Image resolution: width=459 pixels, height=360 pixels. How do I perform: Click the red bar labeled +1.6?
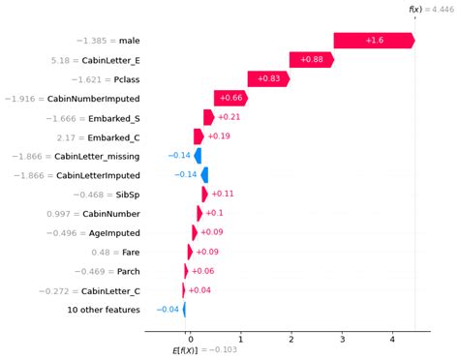pos(374,41)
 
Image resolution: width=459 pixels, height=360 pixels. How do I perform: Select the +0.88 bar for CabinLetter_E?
pos(311,60)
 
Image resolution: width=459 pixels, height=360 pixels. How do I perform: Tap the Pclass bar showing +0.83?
pos(268,79)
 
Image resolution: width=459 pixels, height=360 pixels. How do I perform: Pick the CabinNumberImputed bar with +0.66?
pos(230,99)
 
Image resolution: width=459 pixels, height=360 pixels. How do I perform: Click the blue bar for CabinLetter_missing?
pos(198,156)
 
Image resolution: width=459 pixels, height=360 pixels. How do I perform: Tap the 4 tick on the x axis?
pos(392,339)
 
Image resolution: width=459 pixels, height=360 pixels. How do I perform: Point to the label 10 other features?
pos(103,310)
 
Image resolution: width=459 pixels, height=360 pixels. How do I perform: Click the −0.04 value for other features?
pos(168,310)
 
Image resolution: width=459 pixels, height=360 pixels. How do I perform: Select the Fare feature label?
pos(129,252)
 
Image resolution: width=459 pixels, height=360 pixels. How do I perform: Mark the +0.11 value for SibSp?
pos(223,195)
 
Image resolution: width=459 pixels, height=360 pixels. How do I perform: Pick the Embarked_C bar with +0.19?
pos(199,136)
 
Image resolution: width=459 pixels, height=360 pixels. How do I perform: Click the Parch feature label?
pos(125,271)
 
